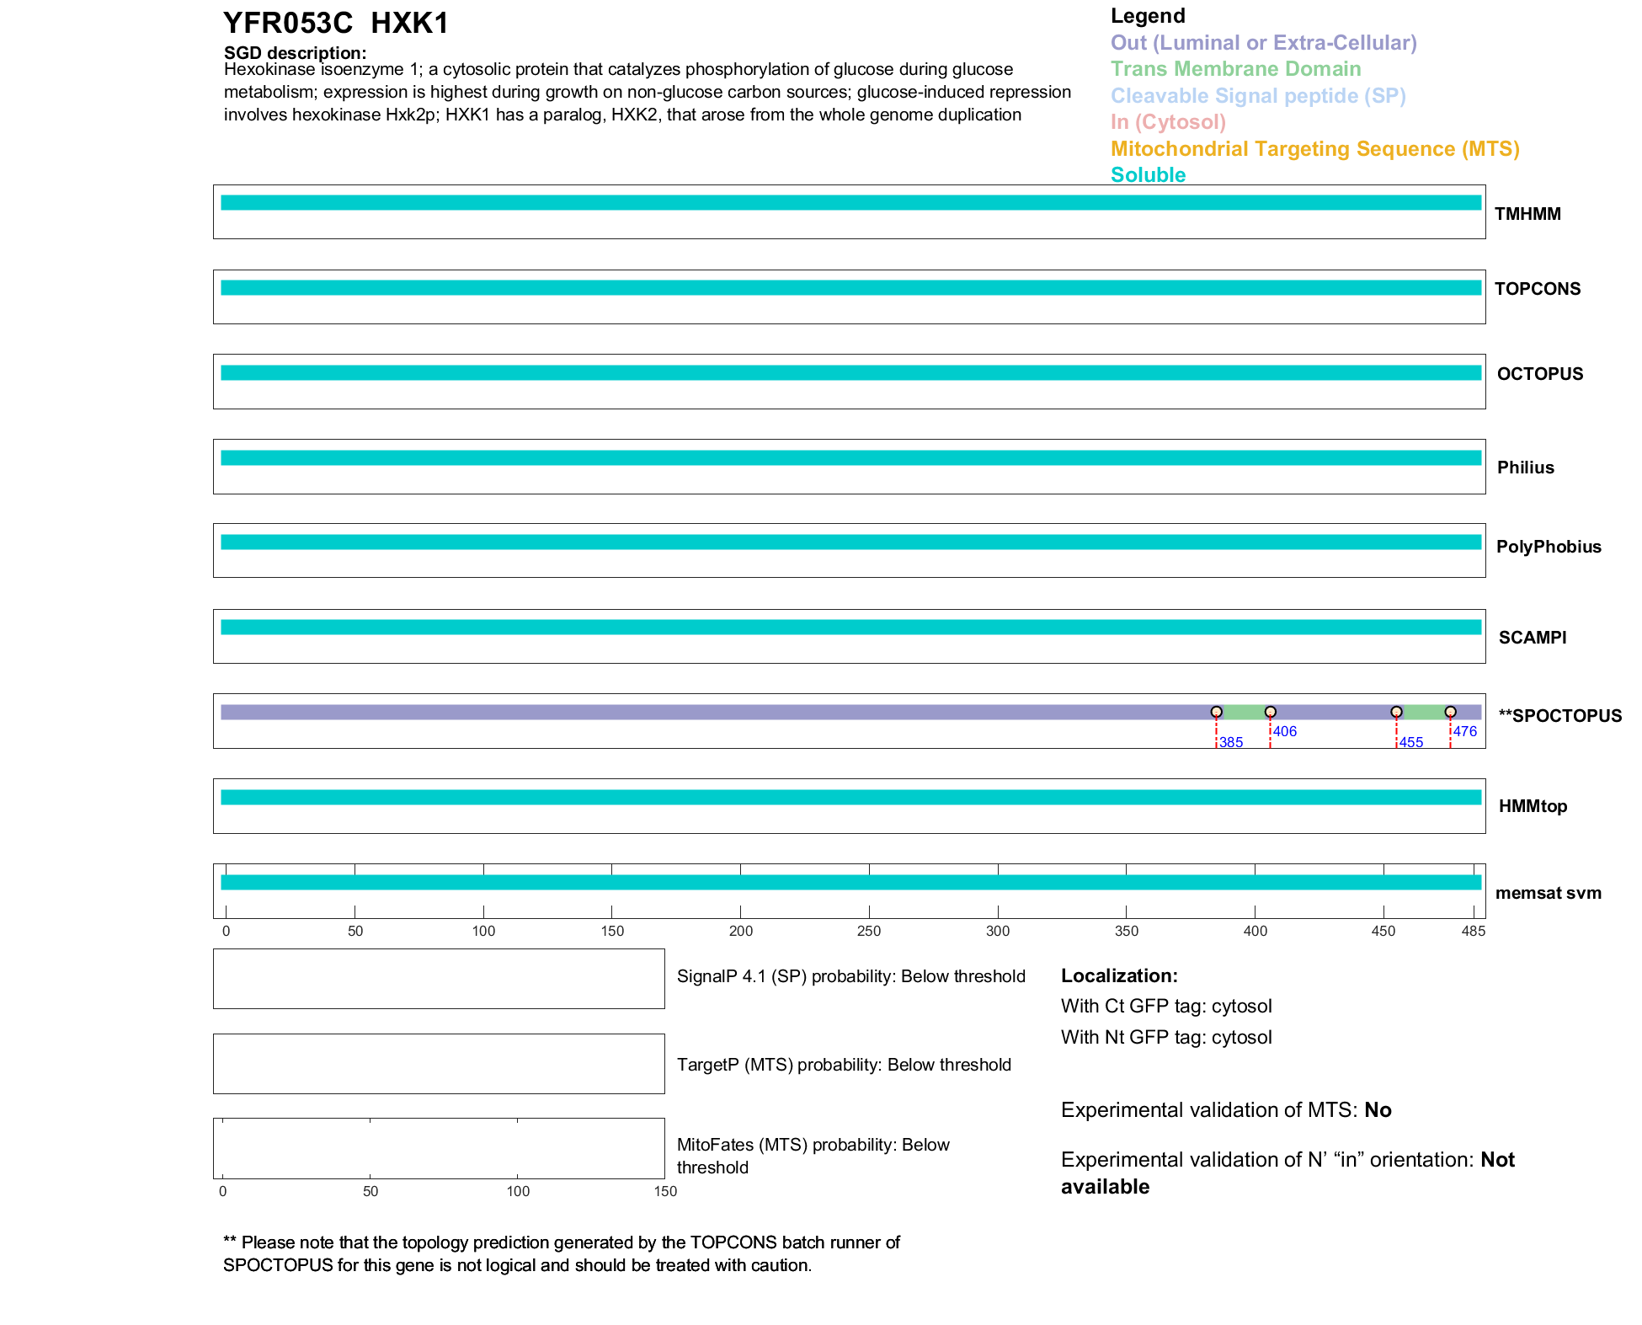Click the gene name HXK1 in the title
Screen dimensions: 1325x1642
point(409,24)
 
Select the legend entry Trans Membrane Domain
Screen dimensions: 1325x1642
point(1235,69)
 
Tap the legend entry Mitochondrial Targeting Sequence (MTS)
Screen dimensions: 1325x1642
point(1314,149)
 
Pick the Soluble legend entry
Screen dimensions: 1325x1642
point(1148,175)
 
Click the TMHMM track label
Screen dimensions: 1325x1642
point(1527,214)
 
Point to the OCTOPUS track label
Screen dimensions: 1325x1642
point(1539,374)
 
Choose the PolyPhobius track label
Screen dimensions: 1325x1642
point(1548,547)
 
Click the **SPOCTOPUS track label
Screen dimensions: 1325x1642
point(1559,716)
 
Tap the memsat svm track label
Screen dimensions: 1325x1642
point(1548,893)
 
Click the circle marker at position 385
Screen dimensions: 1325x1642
point(1216,712)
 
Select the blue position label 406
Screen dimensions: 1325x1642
point(1284,731)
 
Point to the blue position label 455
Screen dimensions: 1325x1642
point(1410,742)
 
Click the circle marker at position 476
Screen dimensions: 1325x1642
point(1450,712)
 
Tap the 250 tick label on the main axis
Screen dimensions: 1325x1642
point(869,931)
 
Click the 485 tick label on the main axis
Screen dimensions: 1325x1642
point(1474,931)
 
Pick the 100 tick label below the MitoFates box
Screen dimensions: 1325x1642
point(518,1191)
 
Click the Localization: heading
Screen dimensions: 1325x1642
point(1119,975)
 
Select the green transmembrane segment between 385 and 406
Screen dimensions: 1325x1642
point(1243,712)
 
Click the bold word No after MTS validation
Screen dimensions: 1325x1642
point(1378,1110)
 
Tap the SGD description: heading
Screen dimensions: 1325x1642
point(295,53)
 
